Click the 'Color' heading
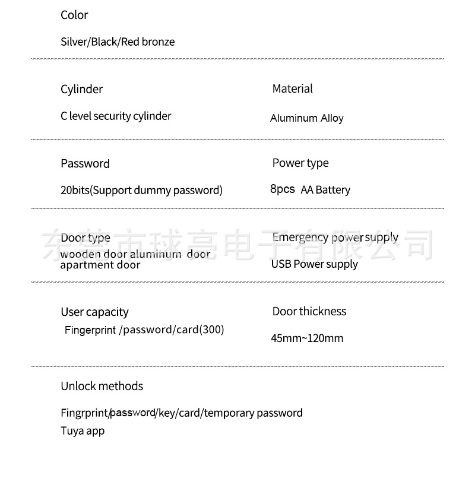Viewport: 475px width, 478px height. click(x=74, y=15)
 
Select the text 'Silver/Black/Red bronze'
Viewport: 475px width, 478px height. click(x=118, y=42)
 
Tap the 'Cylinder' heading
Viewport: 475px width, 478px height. click(x=81, y=90)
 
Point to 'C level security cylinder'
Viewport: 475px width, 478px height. click(x=116, y=116)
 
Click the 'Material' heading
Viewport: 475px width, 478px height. click(x=292, y=89)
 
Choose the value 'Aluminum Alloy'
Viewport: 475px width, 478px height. click(x=306, y=118)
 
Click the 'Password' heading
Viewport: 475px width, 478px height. click(x=85, y=164)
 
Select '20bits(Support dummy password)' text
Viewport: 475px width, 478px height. click(x=141, y=191)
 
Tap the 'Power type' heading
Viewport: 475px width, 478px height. click(x=300, y=163)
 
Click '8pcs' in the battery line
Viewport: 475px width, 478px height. click(x=283, y=189)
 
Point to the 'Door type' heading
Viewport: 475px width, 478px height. click(x=85, y=238)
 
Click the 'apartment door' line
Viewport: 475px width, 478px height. click(x=100, y=265)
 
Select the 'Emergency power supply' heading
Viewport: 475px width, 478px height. click(x=335, y=238)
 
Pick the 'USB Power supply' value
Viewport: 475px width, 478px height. click(x=314, y=264)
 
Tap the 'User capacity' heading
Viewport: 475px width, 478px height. click(x=94, y=312)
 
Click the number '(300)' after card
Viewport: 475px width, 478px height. click(x=212, y=330)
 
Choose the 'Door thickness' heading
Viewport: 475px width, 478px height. click(x=309, y=312)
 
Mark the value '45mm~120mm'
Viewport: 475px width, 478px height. click(x=307, y=339)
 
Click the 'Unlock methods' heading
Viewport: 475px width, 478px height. click(x=102, y=387)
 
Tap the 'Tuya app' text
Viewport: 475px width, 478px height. click(x=82, y=431)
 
